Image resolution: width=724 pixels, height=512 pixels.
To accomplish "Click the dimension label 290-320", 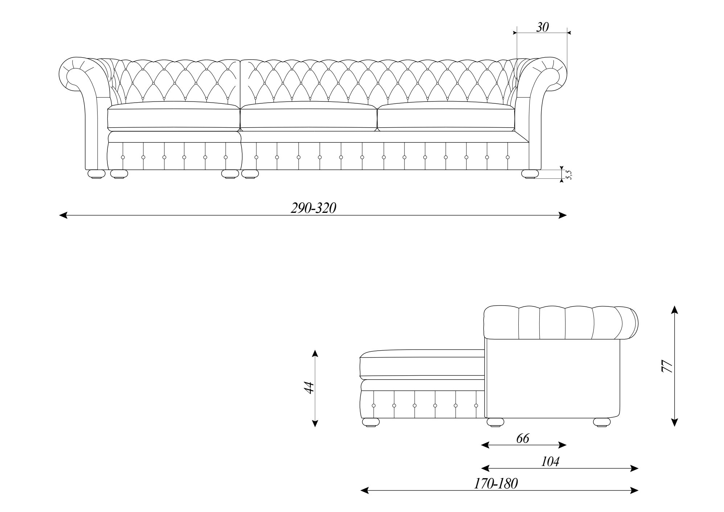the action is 313,208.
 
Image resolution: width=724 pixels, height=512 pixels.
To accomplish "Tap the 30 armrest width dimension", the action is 542,27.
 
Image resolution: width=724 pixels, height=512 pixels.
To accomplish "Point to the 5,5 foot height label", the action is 568,175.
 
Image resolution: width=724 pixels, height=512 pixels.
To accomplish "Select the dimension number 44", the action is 309,388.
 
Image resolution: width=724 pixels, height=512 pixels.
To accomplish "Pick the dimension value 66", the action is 523,438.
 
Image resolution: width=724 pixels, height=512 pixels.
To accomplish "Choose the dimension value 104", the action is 550,462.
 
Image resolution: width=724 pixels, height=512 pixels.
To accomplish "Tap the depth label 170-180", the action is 496,484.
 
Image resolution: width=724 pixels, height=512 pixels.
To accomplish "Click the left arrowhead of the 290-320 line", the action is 63,215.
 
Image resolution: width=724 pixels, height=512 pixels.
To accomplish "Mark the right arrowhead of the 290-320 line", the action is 563,215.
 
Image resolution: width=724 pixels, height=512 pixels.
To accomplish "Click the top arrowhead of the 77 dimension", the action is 674,309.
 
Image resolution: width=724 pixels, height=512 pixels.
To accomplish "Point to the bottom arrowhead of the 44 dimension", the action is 315,423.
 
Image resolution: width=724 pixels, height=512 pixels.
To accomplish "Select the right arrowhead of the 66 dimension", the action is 562,445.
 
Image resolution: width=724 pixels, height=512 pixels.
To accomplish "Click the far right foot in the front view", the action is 530,174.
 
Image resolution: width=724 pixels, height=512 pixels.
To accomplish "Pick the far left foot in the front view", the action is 96,174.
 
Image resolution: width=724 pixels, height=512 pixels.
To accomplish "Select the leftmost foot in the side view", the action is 371,422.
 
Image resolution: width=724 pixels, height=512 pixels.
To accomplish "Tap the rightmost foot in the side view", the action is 602,422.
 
